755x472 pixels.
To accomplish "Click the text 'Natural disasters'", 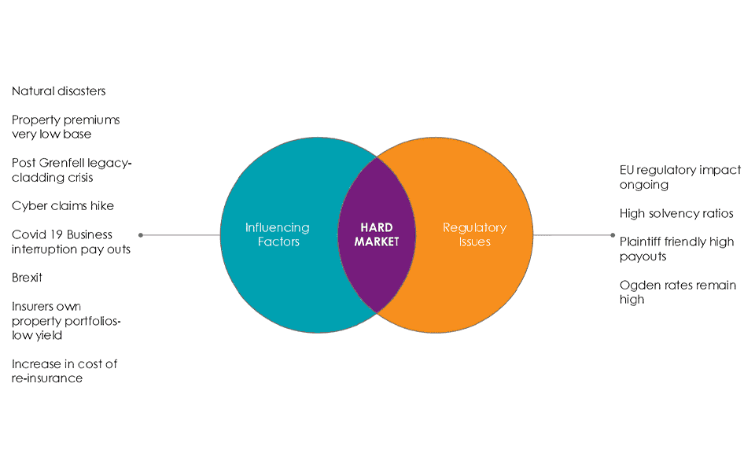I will coord(59,91).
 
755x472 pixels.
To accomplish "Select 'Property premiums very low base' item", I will coord(66,127).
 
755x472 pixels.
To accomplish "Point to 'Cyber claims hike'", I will coord(63,206).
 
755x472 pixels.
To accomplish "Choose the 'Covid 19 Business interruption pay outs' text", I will coord(72,242).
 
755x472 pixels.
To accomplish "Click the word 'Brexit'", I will coord(28,278).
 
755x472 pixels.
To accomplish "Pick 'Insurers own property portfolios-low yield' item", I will coord(67,321).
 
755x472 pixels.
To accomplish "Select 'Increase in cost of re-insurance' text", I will coord(64,371).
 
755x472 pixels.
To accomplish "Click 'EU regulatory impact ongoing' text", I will coord(680,177).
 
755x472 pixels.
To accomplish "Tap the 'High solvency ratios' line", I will coord(676,213).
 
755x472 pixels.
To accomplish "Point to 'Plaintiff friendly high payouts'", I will coord(677,249).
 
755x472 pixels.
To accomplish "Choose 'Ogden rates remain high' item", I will coord(678,292).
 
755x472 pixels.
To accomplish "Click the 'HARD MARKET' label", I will coord(377,235).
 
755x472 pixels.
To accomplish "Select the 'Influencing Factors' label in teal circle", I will coord(278,234).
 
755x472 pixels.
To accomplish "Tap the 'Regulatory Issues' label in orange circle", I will coord(475,234).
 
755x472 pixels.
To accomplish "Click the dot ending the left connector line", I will coord(141,234).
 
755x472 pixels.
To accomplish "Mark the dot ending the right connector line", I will coord(613,234).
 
